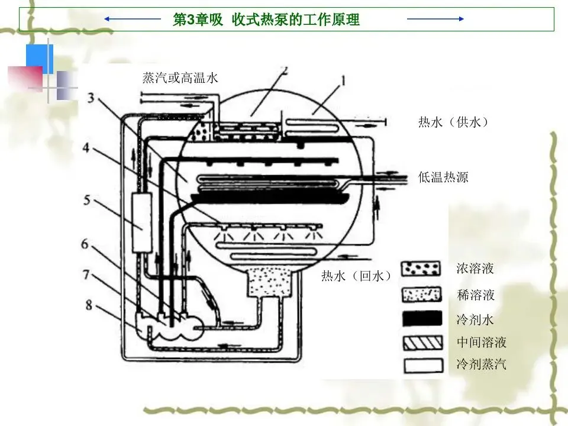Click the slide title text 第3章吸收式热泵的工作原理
coord(266,20)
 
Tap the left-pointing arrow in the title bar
coord(133,19)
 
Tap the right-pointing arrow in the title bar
coord(435,19)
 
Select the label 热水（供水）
coord(454,122)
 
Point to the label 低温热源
coord(443,177)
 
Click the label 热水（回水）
coord(357,276)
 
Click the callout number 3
coord(89,98)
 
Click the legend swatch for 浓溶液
coord(422,269)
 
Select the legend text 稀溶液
coord(476,294)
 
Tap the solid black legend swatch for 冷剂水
coord(422,318)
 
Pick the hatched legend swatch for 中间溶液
coord(422,342)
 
